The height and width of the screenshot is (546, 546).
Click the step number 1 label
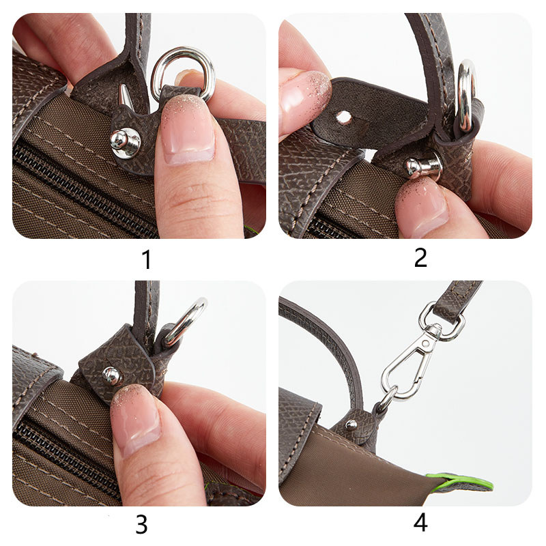[x=146, y=260]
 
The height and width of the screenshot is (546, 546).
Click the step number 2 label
[x=420, y=257]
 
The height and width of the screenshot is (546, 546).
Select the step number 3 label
[x=141, y=523]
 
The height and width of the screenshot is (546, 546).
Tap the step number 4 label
[x=420, y=523]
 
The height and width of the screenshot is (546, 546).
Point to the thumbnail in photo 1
[x=186, y=130]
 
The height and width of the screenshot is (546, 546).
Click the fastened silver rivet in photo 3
[x=111, y=375]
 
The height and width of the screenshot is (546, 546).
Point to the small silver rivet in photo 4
[x=351, y=425]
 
